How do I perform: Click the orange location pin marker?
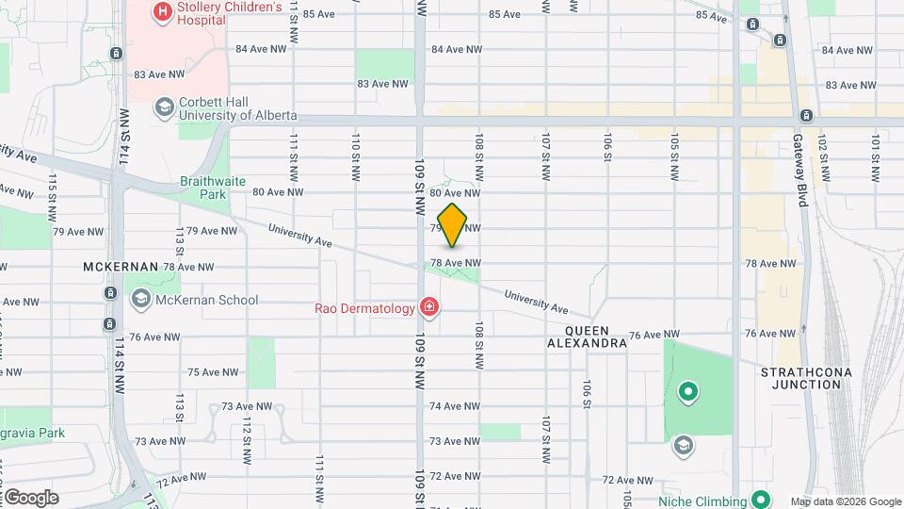coord(453,224)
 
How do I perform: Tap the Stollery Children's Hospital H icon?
coord(163,11)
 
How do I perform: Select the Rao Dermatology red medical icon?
coord(429,307)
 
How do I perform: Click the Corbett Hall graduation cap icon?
coord(165,106)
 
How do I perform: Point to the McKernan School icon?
coord(141,300)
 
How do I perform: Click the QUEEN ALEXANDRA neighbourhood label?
coord(587,337)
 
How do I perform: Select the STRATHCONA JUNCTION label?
coord(806,378)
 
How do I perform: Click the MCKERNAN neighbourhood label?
coord(120,267)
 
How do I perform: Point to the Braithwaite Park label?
coord(203,188)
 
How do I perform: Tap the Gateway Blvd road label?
coord(801,156)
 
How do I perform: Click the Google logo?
coord(30,498)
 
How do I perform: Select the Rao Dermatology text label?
coord(364,308)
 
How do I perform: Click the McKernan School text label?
coord(208,301)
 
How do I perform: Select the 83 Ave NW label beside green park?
coord(382,84)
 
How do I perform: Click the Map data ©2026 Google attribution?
coord(845,501)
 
